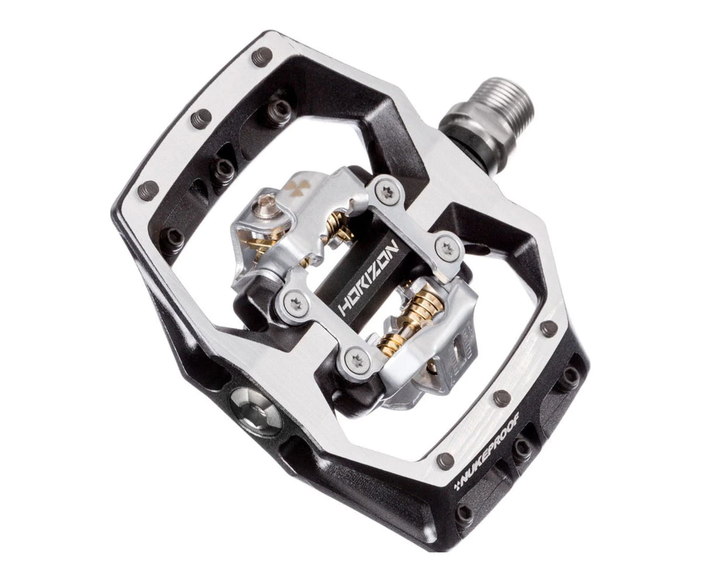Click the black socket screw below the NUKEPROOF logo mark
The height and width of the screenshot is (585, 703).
point(463,513)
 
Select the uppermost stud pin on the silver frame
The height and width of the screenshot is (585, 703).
point(262,56)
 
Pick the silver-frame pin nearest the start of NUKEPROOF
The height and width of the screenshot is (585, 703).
point(445,461)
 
